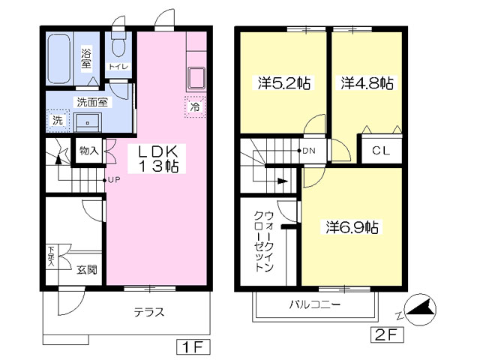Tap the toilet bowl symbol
[x=118, y=44]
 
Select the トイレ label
[x=118, y=67]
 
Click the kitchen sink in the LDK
[x=196, y=78]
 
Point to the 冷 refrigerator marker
[x=195, y=106]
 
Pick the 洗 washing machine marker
[x=58, y=121]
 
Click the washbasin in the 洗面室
[x=88, y=122]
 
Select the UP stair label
[x=113, y=180]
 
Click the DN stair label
[x=308, y=151]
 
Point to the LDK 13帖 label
[x=157, y=158]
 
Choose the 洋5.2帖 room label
[x=283, y=82]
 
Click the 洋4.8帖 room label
[x=367, y=82]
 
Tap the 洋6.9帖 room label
[x=352, y=227]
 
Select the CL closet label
[x=381, y=151]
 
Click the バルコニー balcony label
[x=315, y=304]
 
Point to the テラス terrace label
[x=149, y=312]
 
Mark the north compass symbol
[x=420, y=310]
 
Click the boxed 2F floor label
[x=387, y=335]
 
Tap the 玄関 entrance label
[x=87, y=269]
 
